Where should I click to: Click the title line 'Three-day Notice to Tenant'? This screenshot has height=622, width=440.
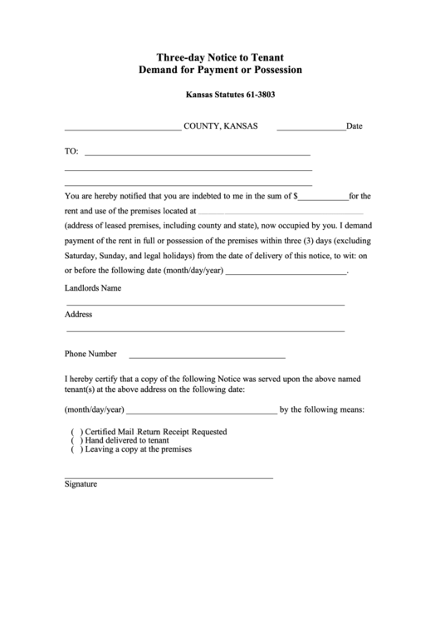point(219,56)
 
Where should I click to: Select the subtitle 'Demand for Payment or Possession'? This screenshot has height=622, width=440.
point(219,71)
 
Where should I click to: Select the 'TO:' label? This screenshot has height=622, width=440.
point(71,152)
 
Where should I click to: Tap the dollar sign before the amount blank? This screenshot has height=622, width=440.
point(295,197)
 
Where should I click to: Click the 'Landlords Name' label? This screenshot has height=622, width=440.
point(93,289)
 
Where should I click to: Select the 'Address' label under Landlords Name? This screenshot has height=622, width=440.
point(78,315)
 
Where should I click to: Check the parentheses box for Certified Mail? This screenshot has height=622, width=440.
point(76,433)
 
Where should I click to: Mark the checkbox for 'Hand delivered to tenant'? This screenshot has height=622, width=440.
point(76,441)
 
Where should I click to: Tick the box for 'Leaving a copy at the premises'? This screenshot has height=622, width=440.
point(76,449)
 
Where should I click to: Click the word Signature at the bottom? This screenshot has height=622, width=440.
point(81,484)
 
